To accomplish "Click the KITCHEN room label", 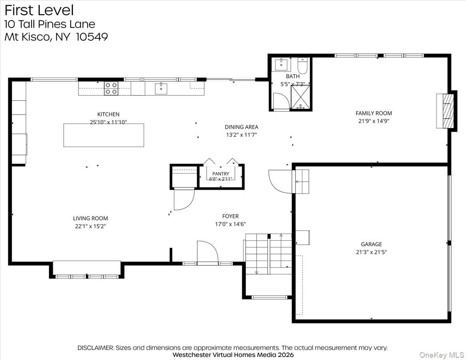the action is [x=108, y=114].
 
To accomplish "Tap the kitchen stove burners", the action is [x=111, y=88].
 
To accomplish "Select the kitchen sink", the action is [x=161, y=89].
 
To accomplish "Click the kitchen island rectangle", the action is [x=104, y=135].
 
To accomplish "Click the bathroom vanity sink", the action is [x=281, y=64].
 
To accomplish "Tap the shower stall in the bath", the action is [x=300, y=97].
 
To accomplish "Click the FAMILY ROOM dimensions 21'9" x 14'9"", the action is [x=374, y=121].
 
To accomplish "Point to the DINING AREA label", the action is [x=242, y=127].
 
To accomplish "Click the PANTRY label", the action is [x=221, y=174].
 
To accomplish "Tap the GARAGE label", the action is [x=371, y=244].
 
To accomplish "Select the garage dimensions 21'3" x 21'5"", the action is [x=371, y=252].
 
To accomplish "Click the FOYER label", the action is [x=230, y=216].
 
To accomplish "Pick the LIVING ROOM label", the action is [x=90, y=218].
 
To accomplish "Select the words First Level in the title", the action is [x=39, y=10].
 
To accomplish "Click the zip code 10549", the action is [x=92, y=37].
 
